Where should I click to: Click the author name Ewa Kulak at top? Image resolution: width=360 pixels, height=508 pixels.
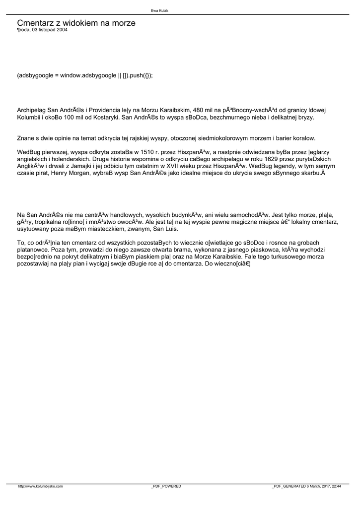tap(159, 10)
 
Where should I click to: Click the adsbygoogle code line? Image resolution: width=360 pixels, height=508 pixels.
tap(85, 75)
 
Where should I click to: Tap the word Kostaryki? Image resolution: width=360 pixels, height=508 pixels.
tap(106, 118)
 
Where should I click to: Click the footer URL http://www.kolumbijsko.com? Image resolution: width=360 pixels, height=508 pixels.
tap(40, 487)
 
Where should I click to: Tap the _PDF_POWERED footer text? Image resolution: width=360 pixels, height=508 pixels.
tap(166, 487)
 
